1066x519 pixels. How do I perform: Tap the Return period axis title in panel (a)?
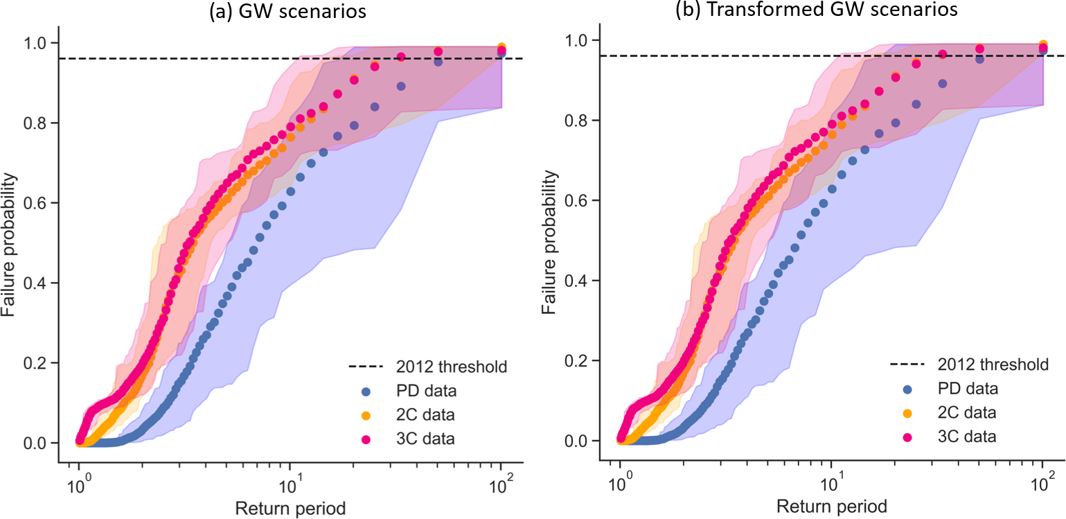pyautogui.click(x=291, y=508)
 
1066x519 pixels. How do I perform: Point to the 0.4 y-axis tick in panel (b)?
pyautogui.click(x=577, y=281)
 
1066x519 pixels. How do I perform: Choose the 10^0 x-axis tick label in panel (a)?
pyautogui.click(x=78, y=479)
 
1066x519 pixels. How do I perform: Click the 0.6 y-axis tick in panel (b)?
pyautogui.click(x=577, y=201)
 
